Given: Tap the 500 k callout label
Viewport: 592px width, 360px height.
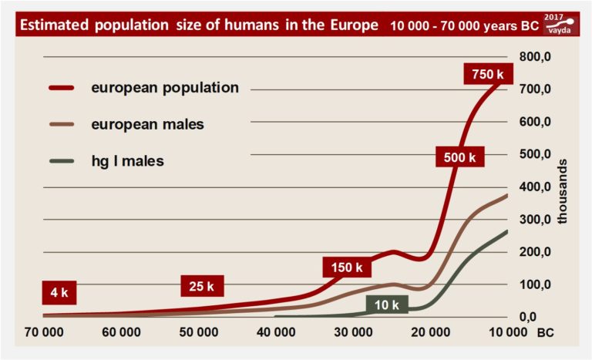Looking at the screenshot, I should (460, 157).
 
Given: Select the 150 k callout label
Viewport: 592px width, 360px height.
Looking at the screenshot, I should (347, 267).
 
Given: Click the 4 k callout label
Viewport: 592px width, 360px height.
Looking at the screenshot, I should (59, 294).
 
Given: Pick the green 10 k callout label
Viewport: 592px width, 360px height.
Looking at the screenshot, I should (387, 304).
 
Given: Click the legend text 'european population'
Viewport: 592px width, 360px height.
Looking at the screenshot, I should (165, 88).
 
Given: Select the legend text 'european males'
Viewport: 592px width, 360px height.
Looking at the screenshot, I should (147, 124).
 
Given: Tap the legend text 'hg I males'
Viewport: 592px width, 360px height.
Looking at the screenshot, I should (127, 161).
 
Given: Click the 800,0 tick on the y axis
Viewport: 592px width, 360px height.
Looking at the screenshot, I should (533, 56).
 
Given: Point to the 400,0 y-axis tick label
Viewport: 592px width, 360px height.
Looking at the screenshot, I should (533, 187).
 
